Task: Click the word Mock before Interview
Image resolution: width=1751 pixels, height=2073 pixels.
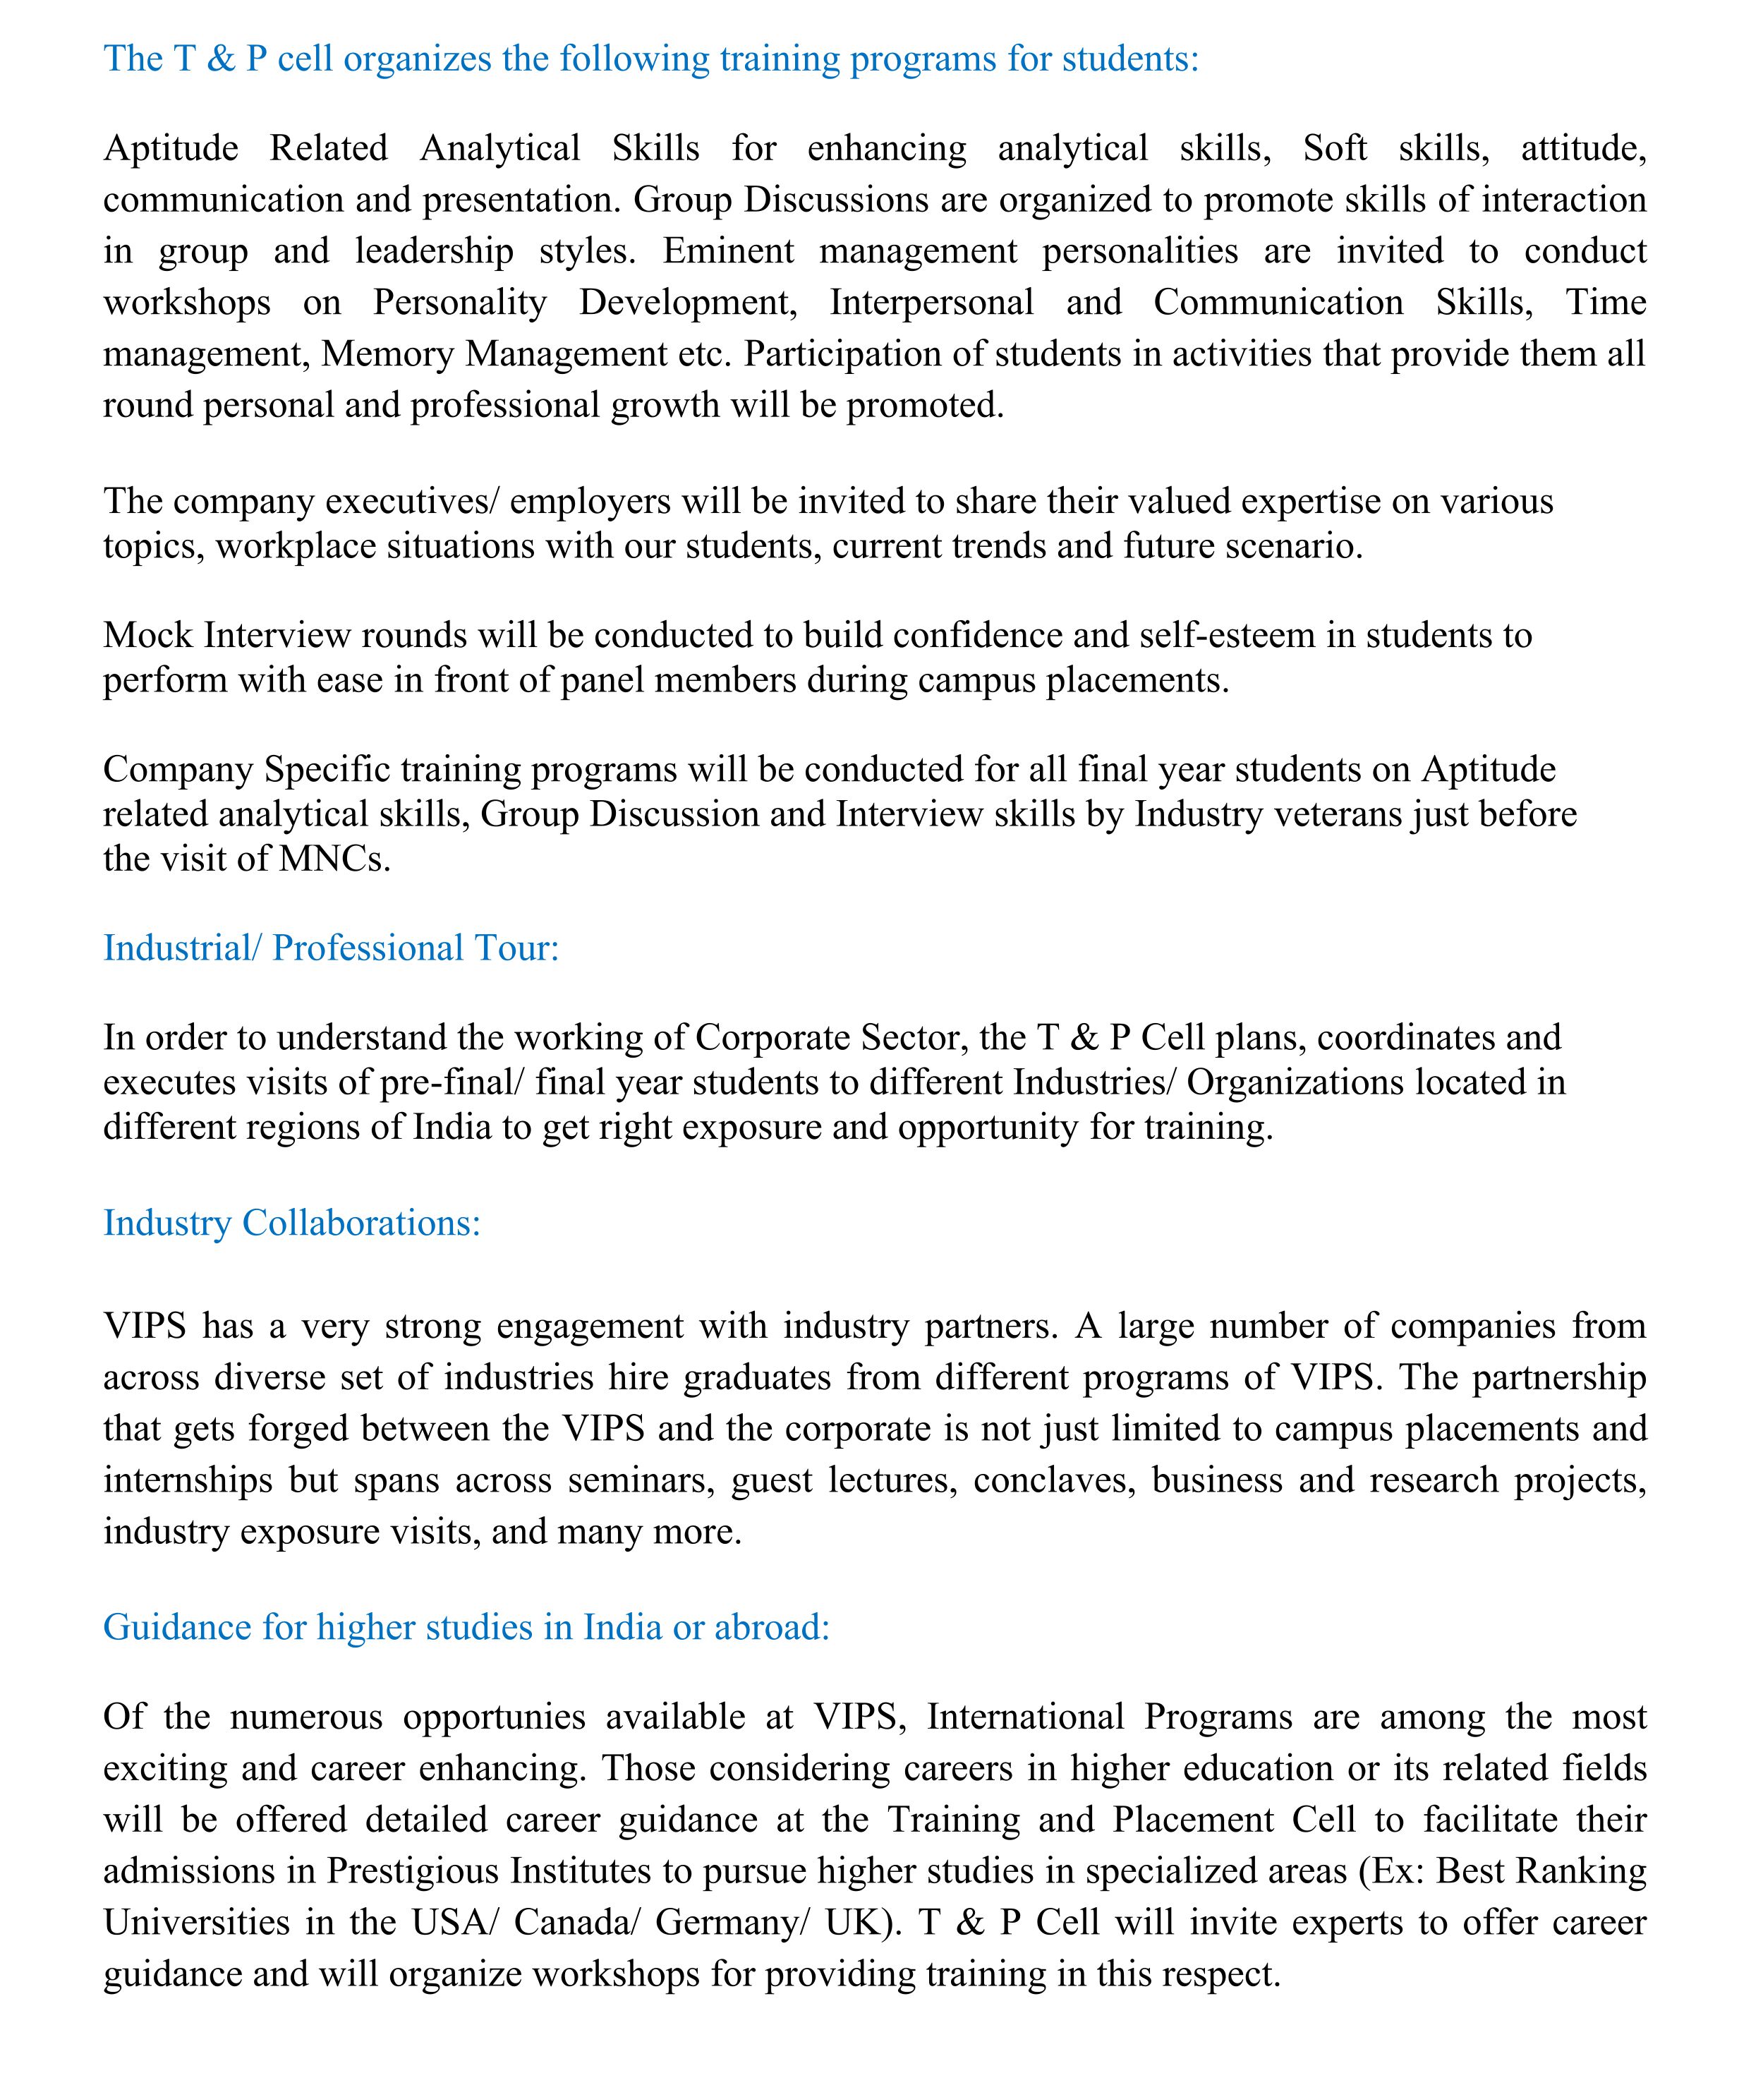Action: coord(148,636)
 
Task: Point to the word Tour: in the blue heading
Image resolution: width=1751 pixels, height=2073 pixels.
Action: coord(517,948)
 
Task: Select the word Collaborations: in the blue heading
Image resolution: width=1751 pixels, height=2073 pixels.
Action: coord(361,1223)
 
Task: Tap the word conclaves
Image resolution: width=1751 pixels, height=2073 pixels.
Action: coord(1052,1480)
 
